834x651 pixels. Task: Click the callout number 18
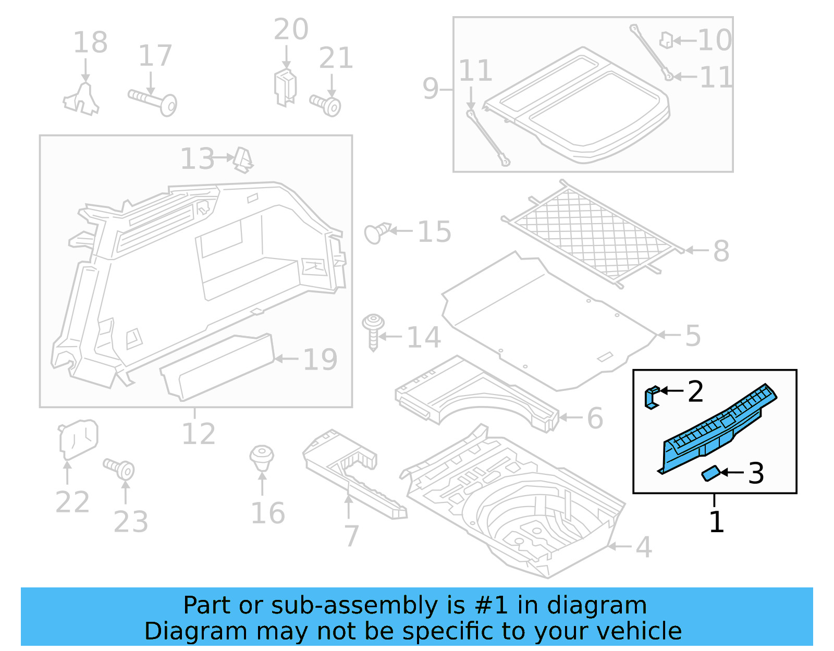[x=90, y=42]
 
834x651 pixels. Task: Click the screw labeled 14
[x=373, y=330]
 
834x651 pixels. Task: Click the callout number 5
[x=693, y=336]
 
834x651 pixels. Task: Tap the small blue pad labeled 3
[x=710, y=474]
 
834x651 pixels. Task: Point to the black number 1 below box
[x=717, y=522]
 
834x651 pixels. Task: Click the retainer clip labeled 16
[x=262, y=457]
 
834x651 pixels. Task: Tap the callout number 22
[x=72, y=502]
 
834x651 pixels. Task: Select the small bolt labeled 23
[x=120, y=469]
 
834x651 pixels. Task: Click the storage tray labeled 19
[x=218, y=367]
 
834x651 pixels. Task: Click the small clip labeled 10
[x=666, y=40]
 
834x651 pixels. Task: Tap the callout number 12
[x=198, y=434]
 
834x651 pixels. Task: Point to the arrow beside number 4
[x=620, y=546]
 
